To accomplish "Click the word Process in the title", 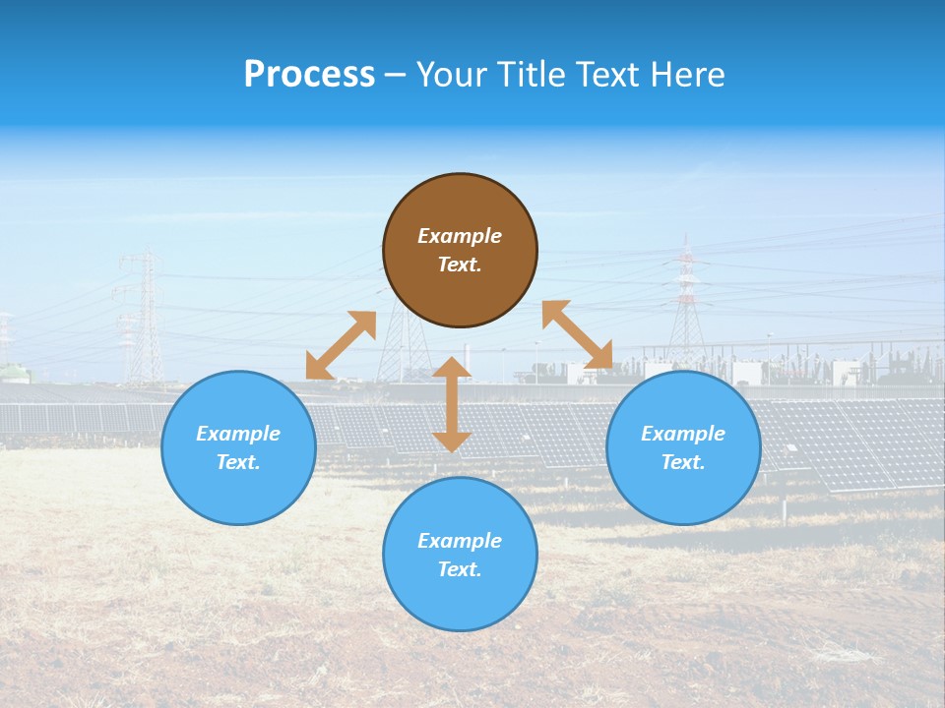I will [x=309, y=75].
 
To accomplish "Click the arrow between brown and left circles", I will [x=341, y=345].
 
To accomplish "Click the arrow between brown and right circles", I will [x=577, y=334].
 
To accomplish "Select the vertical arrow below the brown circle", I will [x=452, y=404].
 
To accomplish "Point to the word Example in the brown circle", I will [x=460, y=236].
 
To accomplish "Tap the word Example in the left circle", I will [x=238, y=434].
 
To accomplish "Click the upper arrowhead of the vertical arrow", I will [x=452, y=368].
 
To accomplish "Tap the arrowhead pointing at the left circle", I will [x=317, y=368].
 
